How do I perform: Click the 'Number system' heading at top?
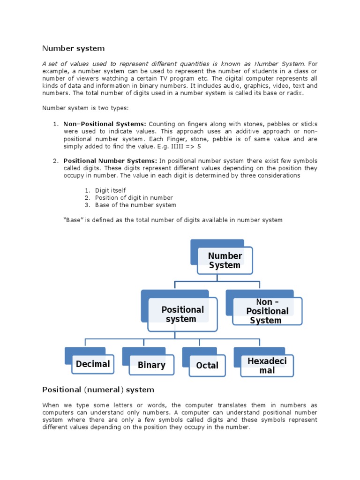click(74, 48)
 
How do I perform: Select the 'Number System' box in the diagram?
click(225, 261)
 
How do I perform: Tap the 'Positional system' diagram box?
click(182, 314)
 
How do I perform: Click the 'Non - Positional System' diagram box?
click(267, 311)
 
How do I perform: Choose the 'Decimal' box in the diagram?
click(93, 364)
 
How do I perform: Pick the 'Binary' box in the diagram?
click(151, 365)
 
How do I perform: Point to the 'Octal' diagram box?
click(207, 366)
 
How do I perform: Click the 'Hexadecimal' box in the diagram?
click(267, 366)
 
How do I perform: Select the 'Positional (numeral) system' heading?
click(98, 390)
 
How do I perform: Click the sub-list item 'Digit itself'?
click(110, 190)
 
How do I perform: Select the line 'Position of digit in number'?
click(134, 198)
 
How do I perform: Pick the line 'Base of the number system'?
click(135, 205)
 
